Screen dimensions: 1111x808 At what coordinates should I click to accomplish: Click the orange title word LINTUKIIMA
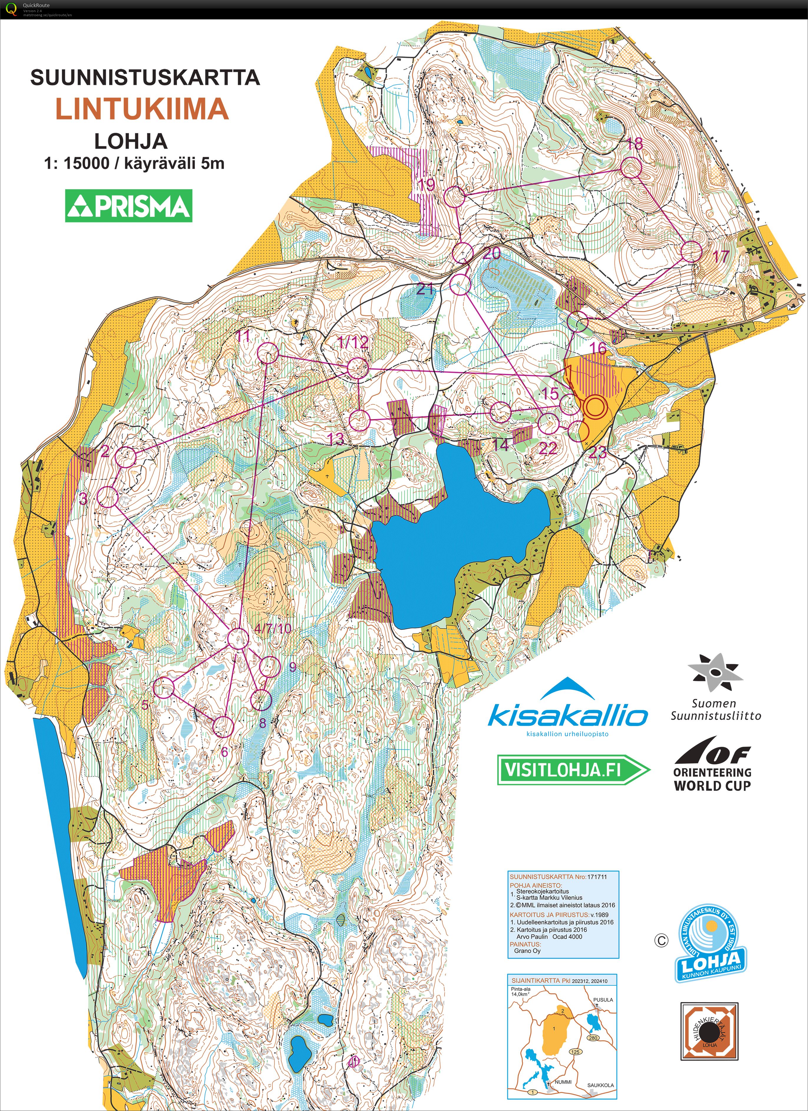[142, 109]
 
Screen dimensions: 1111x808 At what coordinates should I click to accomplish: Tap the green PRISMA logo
[129, 206]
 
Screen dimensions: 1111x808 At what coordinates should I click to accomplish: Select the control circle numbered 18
[631, 167]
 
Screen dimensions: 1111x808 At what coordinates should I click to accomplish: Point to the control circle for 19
[454, 196]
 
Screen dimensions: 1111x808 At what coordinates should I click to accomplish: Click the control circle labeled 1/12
[357, 368]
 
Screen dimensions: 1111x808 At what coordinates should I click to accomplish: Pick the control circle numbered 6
[223, 726]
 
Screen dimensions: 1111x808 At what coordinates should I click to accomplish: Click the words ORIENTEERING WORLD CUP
[712, 779]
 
